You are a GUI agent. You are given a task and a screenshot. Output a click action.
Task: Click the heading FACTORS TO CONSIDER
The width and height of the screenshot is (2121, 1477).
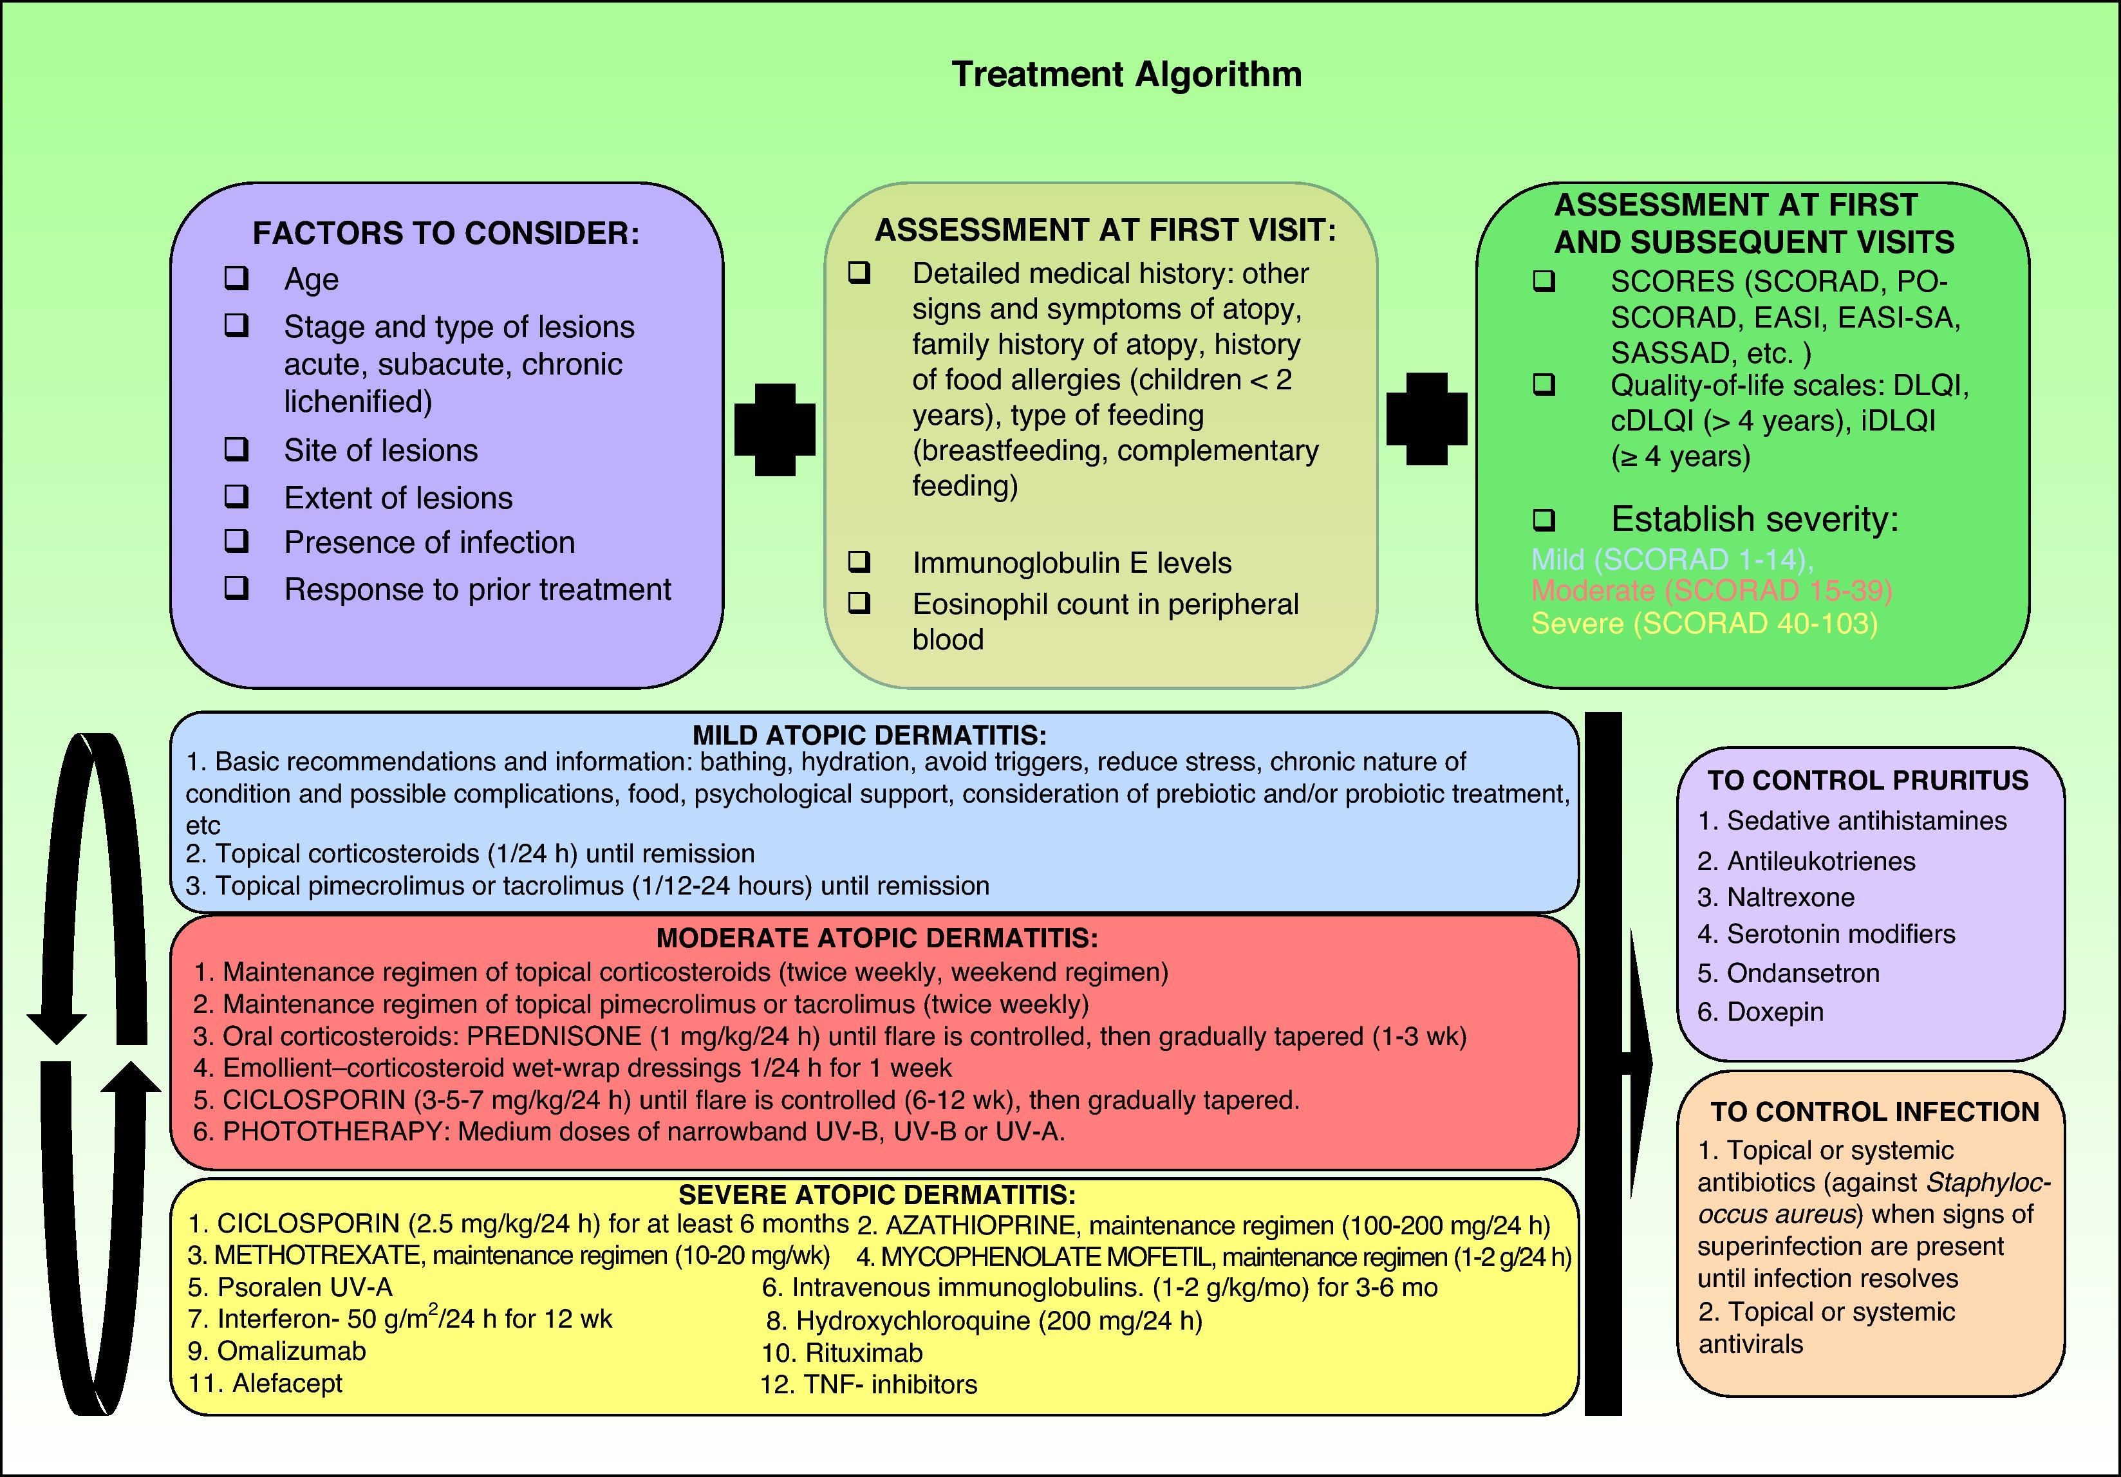coord(445,233)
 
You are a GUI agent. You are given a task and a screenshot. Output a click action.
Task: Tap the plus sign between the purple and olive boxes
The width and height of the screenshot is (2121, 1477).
coord(774,429)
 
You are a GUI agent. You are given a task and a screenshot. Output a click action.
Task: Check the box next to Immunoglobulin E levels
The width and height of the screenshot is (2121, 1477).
coord(859,561)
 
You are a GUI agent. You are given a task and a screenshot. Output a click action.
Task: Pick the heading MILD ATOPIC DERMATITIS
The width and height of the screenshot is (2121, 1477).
coord(869,735)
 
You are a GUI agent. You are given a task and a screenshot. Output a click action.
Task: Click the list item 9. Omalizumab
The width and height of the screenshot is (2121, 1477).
coord(277,1352)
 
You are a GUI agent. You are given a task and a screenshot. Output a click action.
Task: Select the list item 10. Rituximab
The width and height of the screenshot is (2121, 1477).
coord(843,1353)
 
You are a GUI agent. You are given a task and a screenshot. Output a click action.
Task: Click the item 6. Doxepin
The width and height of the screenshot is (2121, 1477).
coord(1760,1012)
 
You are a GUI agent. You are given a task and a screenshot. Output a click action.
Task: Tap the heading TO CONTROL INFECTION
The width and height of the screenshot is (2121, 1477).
coord(1873,1111)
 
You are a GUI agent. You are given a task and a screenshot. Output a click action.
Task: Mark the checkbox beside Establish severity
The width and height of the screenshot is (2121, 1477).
coord(1544,520)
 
